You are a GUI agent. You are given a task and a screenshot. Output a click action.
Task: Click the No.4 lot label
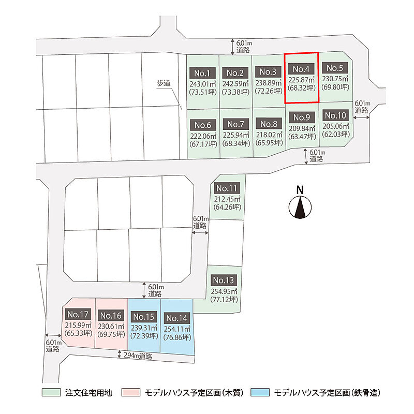(301, 69)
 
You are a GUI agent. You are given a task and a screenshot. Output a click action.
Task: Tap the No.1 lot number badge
(202, 73)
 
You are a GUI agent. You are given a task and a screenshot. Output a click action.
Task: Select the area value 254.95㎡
(224, 291)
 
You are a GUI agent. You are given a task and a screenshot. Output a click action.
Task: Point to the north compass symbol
(300, 207)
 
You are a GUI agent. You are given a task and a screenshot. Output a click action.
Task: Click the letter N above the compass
(300, 190)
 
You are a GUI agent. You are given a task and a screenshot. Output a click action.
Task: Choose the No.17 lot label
(78, 314)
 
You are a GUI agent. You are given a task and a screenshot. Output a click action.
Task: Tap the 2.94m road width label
(138, 356)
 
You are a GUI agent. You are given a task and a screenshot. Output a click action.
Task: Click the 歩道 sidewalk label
(164, 83)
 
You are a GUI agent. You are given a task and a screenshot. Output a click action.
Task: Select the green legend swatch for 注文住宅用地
(51, 392)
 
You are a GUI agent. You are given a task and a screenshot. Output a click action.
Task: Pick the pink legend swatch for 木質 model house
(131, 392)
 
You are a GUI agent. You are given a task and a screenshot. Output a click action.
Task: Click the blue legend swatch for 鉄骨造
(260, 392)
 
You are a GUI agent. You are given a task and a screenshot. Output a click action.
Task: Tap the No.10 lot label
(335, 115)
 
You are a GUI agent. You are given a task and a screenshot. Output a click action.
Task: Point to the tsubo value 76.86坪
(177, 337)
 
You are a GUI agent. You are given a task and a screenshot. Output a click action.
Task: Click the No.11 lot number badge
(227, 188)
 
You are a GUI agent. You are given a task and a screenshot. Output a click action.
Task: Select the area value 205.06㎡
(335, 126)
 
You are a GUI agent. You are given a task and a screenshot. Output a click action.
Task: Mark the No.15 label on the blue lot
(144, 317)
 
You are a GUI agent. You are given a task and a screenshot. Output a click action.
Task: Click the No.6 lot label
(203, 125)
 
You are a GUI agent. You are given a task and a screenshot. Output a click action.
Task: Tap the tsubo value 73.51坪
(203, 92)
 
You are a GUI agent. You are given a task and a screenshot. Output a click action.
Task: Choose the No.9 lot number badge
(302, 117)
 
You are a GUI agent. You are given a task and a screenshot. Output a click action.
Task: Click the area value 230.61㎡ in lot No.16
(111, 327)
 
